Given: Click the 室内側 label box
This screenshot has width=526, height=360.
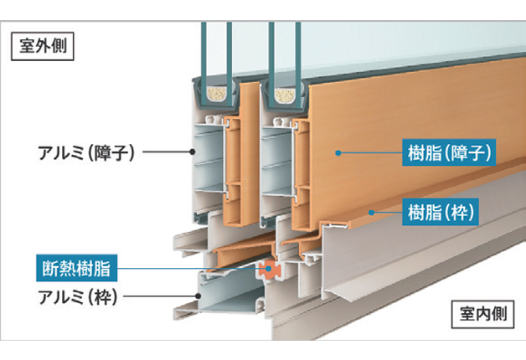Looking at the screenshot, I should point(484,316).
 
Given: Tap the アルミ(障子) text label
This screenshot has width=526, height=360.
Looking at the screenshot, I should point(85,152).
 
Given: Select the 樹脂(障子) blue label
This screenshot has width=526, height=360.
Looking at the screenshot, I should point(451,152).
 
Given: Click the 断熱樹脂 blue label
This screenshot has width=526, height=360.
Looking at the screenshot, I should point(76,268).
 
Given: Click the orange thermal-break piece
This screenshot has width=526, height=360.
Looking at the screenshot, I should point(269,270).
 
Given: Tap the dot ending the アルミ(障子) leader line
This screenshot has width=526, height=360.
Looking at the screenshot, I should point(193,152).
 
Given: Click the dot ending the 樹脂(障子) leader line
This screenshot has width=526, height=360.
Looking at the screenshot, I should point(338,152).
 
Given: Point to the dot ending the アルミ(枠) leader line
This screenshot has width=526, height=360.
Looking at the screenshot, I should point(199,296).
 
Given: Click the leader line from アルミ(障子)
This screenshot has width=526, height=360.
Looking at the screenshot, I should point(168,152).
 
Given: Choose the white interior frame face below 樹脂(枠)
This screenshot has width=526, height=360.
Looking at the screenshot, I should point(436,260).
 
